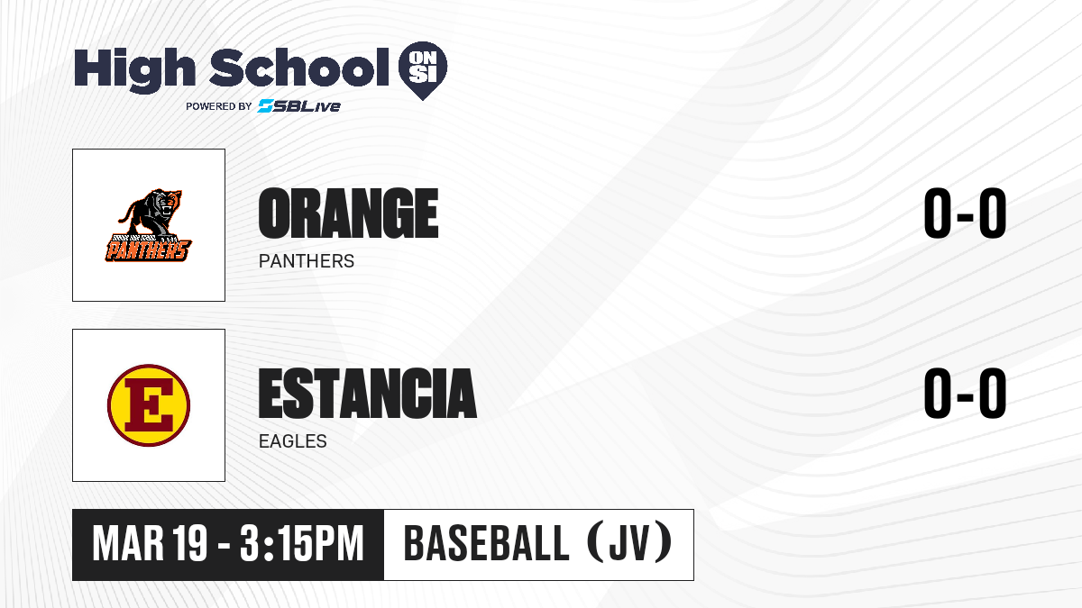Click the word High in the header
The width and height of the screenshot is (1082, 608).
tap(134, 70)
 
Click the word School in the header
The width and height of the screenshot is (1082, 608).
tap(299, 68)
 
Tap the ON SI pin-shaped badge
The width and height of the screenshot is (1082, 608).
tap(423, 70)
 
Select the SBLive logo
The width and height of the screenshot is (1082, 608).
tap(299, 106)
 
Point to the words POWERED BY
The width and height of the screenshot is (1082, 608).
tap(219, 106)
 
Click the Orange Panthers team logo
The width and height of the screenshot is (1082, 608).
tap(149, 225)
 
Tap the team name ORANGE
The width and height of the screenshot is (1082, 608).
tap(348, 213)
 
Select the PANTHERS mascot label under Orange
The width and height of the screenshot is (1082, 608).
tap(307, 261)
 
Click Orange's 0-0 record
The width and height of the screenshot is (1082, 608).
tap(965, 213)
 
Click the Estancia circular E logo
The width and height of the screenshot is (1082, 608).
tap(149, 405)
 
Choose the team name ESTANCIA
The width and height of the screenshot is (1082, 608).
tap(368, 394)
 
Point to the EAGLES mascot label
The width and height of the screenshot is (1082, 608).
tap(293, 441)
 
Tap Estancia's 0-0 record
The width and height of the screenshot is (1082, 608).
tap(965, 394)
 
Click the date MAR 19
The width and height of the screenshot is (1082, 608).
tap(150, 544)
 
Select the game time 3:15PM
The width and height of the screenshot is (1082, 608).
tap(301, 544)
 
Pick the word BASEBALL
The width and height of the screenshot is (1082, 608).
tap(486, 544)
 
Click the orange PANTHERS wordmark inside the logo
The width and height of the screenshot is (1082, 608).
tap(148, 250)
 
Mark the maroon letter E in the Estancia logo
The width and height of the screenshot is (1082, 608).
tap(149, 405)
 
